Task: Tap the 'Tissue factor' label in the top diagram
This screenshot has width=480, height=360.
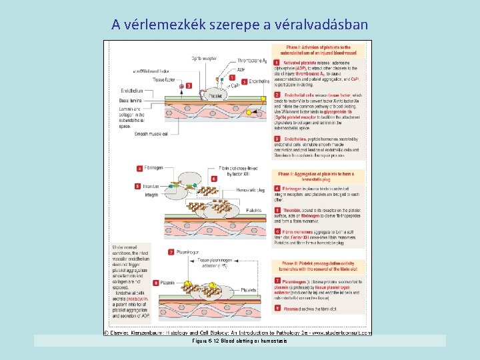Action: (x=165, y=79)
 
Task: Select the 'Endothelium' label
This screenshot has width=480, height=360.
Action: (x=131, y=91)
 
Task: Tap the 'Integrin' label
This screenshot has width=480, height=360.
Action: (x=151, y=195)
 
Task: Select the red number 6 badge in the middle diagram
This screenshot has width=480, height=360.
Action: (x=213, y=179)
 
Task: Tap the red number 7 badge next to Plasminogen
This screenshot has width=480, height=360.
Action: (x=173, y=253)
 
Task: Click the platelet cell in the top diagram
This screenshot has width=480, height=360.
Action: (x=215, y=96)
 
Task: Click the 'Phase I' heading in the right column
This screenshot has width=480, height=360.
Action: (x=318, y=50)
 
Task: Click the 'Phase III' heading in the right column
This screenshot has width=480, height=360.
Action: (x=318, y=266)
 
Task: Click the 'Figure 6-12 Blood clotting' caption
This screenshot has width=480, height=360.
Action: (x=239, y=341)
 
